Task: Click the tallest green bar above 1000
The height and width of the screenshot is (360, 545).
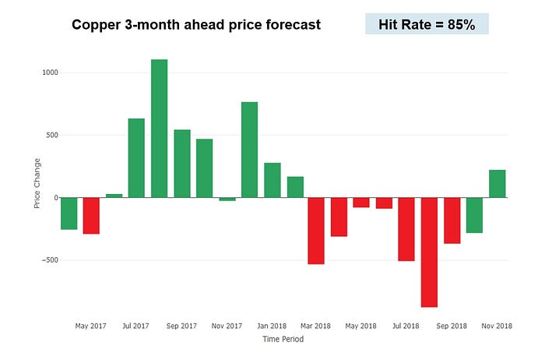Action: tap(159, 129)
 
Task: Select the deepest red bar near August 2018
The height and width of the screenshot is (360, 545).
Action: tap(429, 252)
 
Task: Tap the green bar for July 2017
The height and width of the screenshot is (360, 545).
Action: tap(136, 158)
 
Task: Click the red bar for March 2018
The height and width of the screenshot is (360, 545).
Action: tap(316, 231)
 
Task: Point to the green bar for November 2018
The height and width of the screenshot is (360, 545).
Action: tap(498, 184)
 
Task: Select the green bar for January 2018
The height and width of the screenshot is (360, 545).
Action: tap(272, 180)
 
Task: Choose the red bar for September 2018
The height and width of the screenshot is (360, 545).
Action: tap(452, 221)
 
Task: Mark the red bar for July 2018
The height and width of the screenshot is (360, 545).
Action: tap(406, 229)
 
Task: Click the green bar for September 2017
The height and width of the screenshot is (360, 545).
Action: tap(182, 164)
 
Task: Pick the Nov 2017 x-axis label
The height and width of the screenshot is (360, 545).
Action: tap(227, 326)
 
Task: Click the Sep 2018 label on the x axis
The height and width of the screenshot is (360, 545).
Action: tap(452, 326)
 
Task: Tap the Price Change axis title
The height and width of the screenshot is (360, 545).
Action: tap(37, 184)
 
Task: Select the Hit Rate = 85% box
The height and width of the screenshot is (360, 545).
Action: tap(427, 24)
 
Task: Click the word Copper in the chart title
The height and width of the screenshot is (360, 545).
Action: tap(97, 25)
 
